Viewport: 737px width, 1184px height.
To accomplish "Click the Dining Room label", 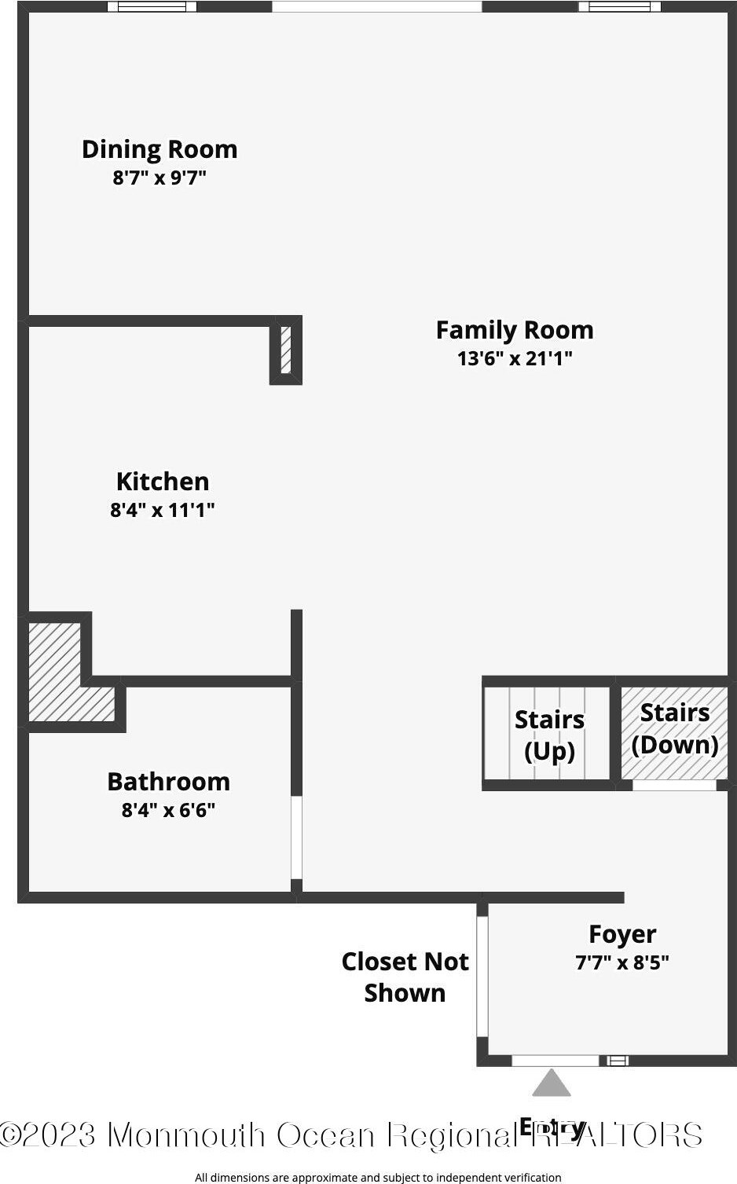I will [159, 149].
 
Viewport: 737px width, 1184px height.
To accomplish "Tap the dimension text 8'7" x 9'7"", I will [159, 178].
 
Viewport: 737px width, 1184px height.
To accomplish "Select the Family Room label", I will [515, 330].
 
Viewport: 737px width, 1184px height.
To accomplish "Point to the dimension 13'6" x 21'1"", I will [515, 358].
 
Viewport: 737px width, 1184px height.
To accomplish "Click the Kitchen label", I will [163, 482].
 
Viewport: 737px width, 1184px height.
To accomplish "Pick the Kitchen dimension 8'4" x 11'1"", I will [163, 510].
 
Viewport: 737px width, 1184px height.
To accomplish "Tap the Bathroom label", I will [168, 782].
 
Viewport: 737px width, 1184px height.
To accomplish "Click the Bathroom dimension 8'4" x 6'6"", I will [168, 810].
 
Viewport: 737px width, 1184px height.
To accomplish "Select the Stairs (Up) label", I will [549, 735].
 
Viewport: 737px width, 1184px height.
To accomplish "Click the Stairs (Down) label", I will [675, 728].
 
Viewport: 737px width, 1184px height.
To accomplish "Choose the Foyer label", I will [622, 934].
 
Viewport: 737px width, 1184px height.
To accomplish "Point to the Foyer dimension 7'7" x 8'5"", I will [622, 962].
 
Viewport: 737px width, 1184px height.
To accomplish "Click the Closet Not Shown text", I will [405, 977].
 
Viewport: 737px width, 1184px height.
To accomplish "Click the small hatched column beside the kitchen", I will [286, 350].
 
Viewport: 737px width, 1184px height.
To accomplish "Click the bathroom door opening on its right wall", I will [296, 838].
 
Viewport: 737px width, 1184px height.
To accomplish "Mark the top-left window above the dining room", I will [152, 7].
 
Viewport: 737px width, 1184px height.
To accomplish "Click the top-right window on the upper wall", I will [619, 7].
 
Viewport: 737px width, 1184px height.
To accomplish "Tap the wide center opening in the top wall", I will [376, 7].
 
